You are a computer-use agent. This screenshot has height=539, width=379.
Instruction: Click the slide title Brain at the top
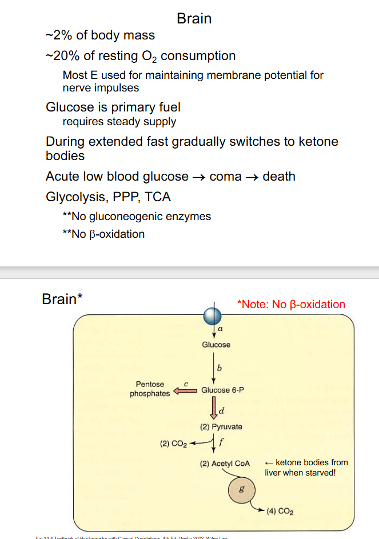click(x=194, y=18)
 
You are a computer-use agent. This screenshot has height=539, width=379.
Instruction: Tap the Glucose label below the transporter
click(x=216, y=345)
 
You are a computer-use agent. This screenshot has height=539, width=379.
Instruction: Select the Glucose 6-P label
click(x=224, y=390)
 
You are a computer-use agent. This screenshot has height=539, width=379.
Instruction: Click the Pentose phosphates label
click(x=150, y=389)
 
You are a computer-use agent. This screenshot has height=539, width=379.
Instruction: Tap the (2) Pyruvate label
click(x=221, y=426)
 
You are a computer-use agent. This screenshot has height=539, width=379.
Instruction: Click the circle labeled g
click(x=243, y=490)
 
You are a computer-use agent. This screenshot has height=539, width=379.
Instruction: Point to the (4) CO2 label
click(x=280, y=510)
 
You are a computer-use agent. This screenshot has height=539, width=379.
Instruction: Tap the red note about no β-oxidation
click(x=291, y=304)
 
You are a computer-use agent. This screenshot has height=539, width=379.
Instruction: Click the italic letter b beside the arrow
click(x=220, y=366)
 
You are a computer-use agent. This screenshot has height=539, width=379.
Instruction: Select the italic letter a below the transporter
click(x=220, y=330)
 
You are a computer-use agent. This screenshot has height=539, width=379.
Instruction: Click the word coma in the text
click(x=226, y=176)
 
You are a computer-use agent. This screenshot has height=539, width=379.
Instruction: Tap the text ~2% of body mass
click(x=100, y=35)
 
